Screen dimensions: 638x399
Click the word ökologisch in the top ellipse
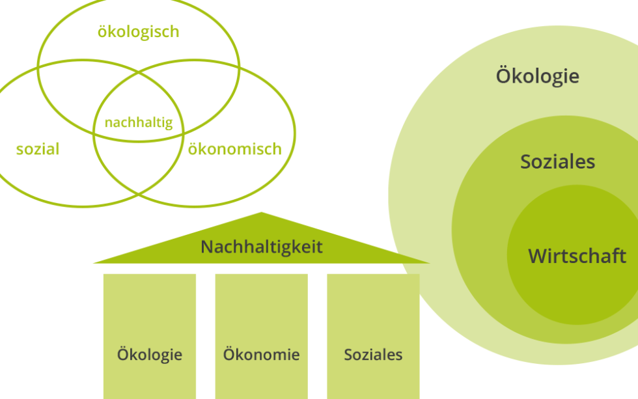[138, 32]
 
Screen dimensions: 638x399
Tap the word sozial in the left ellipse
[38, 149]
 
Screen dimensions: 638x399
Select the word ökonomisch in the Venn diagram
[234, 149]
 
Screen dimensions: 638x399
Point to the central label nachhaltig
[139, 122]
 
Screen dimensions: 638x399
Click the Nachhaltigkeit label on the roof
[262, 247]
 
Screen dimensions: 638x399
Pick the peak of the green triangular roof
[261, 213]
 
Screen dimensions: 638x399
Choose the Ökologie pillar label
[150, 355]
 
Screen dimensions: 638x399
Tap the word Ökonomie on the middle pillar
[261, 355]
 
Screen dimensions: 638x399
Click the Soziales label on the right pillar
[373, 355]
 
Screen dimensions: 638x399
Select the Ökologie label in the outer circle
[537, 76]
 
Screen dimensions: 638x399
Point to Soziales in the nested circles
[557, 161]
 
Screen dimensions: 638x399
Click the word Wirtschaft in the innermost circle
[577, 256]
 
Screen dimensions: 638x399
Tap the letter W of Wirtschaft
[537, 256]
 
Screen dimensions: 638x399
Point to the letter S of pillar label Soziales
[348, 355]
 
